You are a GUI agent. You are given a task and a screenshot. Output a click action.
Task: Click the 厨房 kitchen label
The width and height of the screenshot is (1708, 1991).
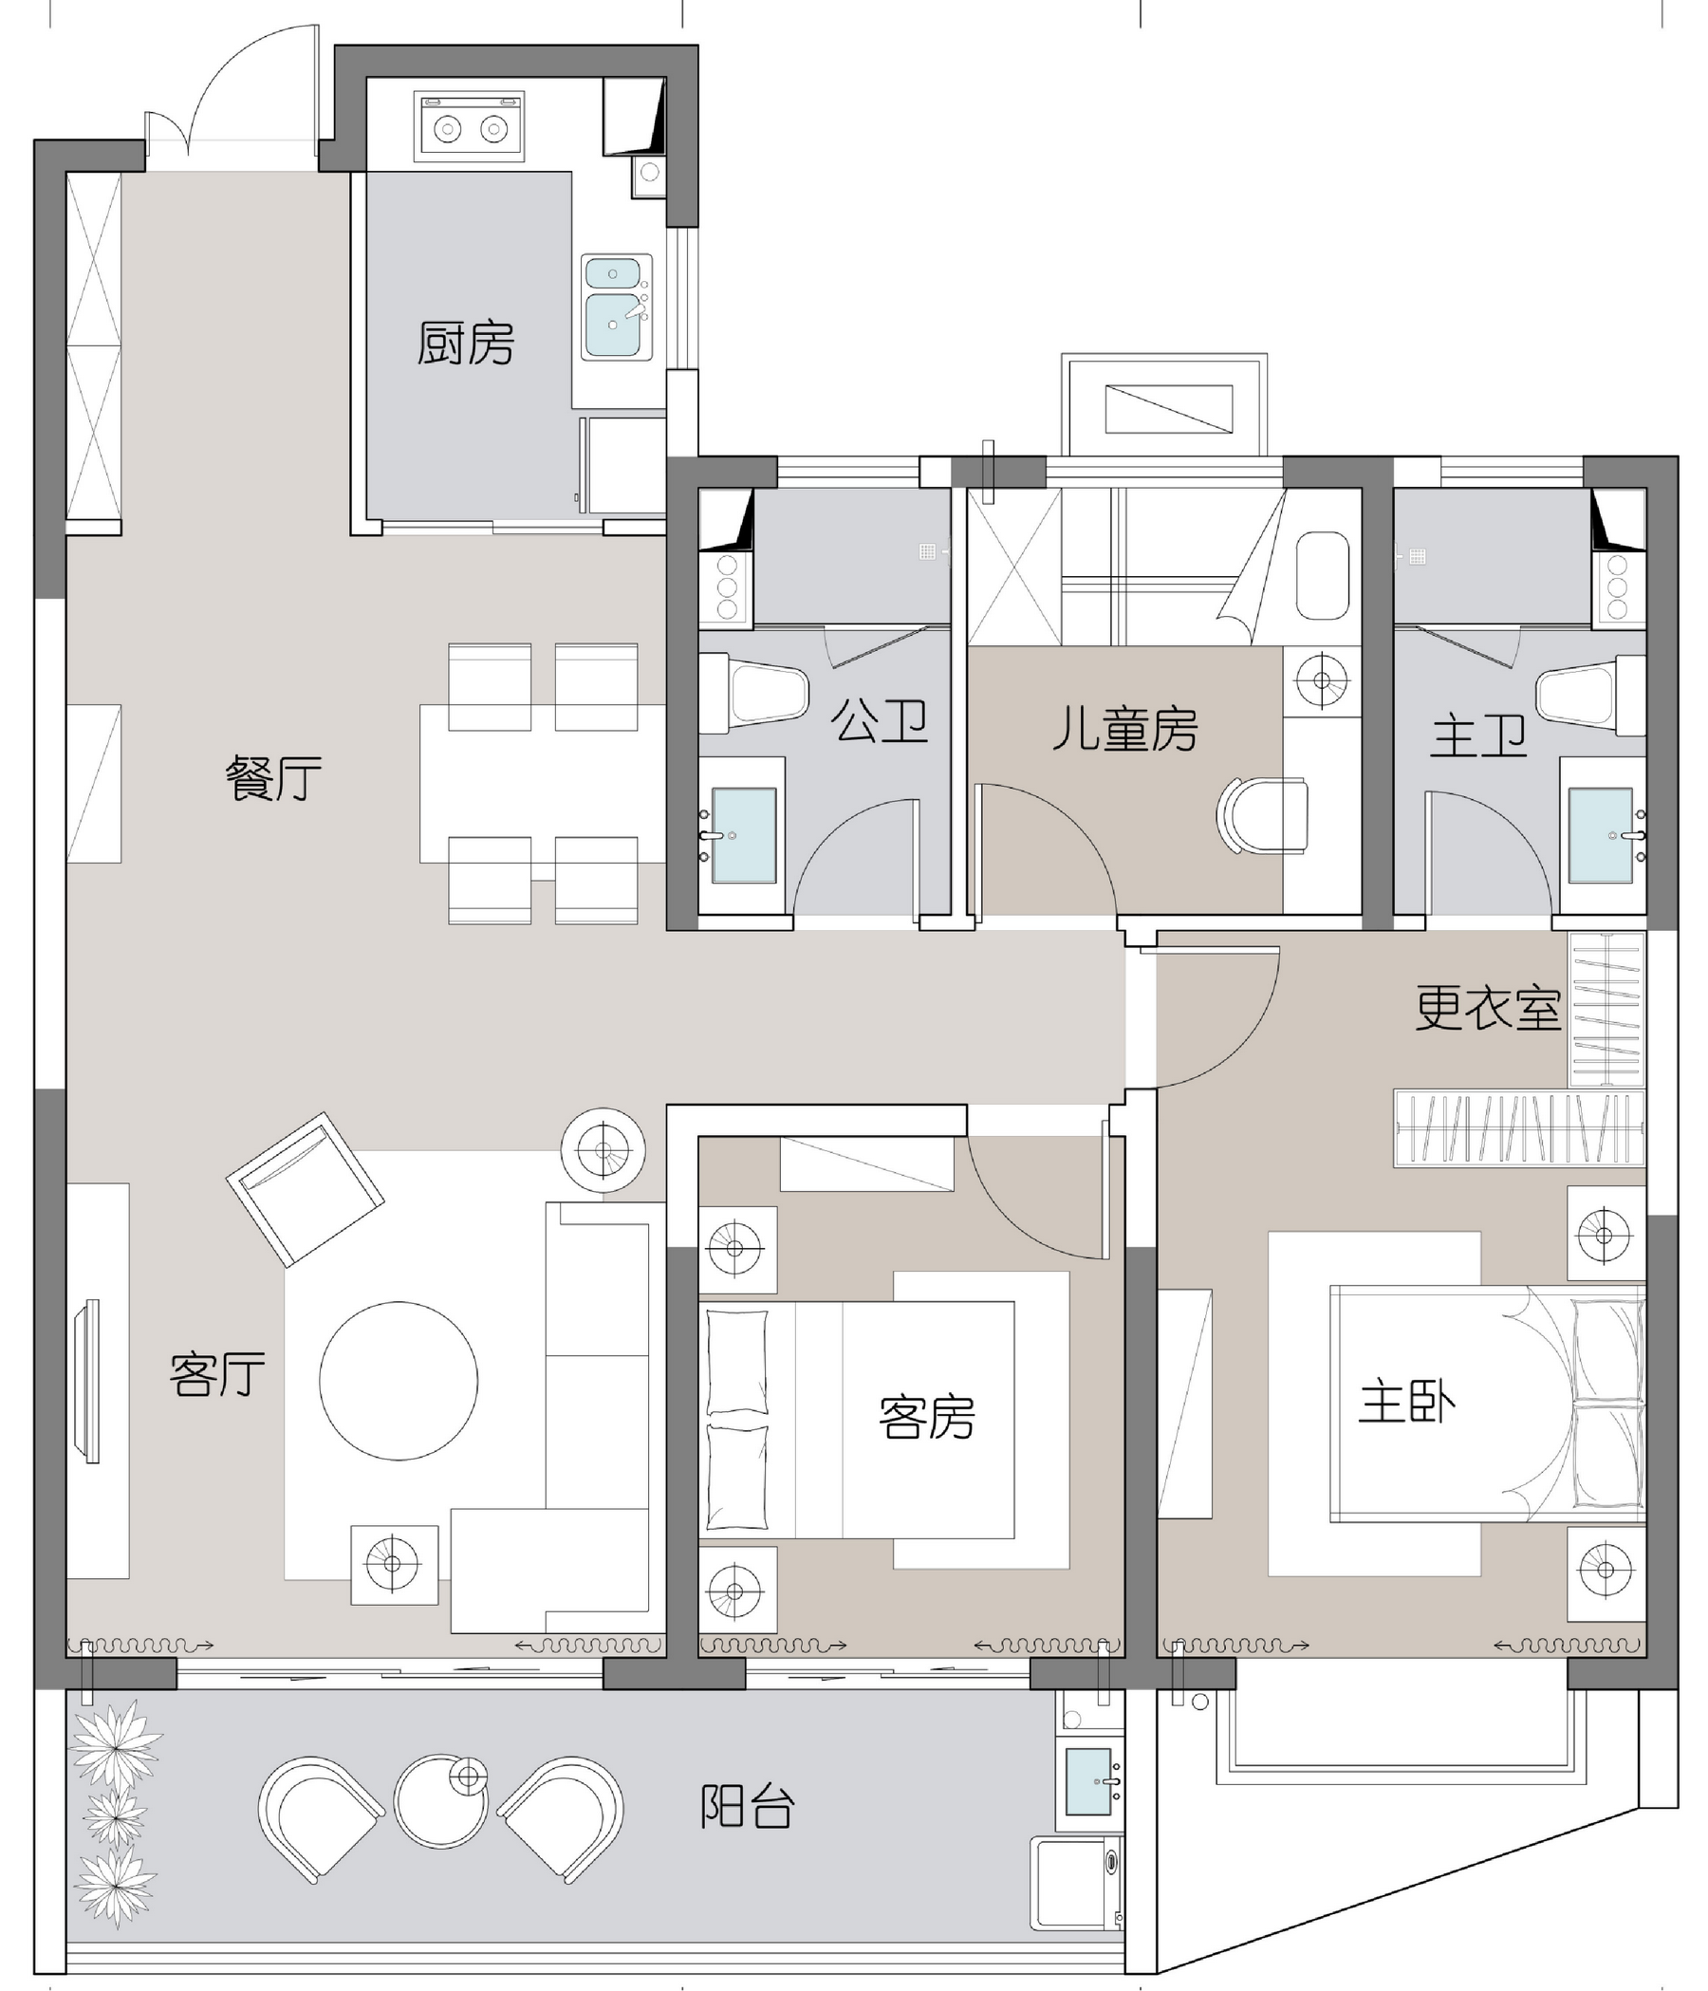465,343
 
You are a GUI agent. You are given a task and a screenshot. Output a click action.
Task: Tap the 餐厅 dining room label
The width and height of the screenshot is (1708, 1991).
274,777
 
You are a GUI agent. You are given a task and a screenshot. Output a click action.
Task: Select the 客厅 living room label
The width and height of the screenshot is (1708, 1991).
217,1374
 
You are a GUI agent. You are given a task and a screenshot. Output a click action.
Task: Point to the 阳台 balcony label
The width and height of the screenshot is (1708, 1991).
748,1807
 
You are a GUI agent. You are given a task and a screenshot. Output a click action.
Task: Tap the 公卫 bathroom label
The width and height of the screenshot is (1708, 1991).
879,721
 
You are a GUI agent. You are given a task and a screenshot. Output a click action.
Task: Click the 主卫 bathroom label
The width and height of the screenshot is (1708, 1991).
1478,736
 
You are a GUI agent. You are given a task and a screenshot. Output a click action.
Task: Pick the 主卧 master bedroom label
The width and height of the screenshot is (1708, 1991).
1407,1402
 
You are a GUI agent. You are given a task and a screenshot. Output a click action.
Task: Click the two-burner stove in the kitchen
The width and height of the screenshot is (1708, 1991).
469,126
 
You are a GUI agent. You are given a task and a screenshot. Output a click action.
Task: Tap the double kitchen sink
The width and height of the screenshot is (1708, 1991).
616,307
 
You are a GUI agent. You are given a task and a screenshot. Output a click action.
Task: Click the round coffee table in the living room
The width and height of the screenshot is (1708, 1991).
399,1381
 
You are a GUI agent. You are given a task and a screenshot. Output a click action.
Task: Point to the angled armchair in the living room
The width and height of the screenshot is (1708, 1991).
306,1190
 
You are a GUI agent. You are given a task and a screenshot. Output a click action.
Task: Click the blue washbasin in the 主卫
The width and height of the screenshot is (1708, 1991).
1601,835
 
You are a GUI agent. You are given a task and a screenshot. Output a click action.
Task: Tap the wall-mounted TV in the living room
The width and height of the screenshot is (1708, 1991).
91,1381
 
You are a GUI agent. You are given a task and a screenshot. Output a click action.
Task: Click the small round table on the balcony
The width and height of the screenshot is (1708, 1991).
441,1801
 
